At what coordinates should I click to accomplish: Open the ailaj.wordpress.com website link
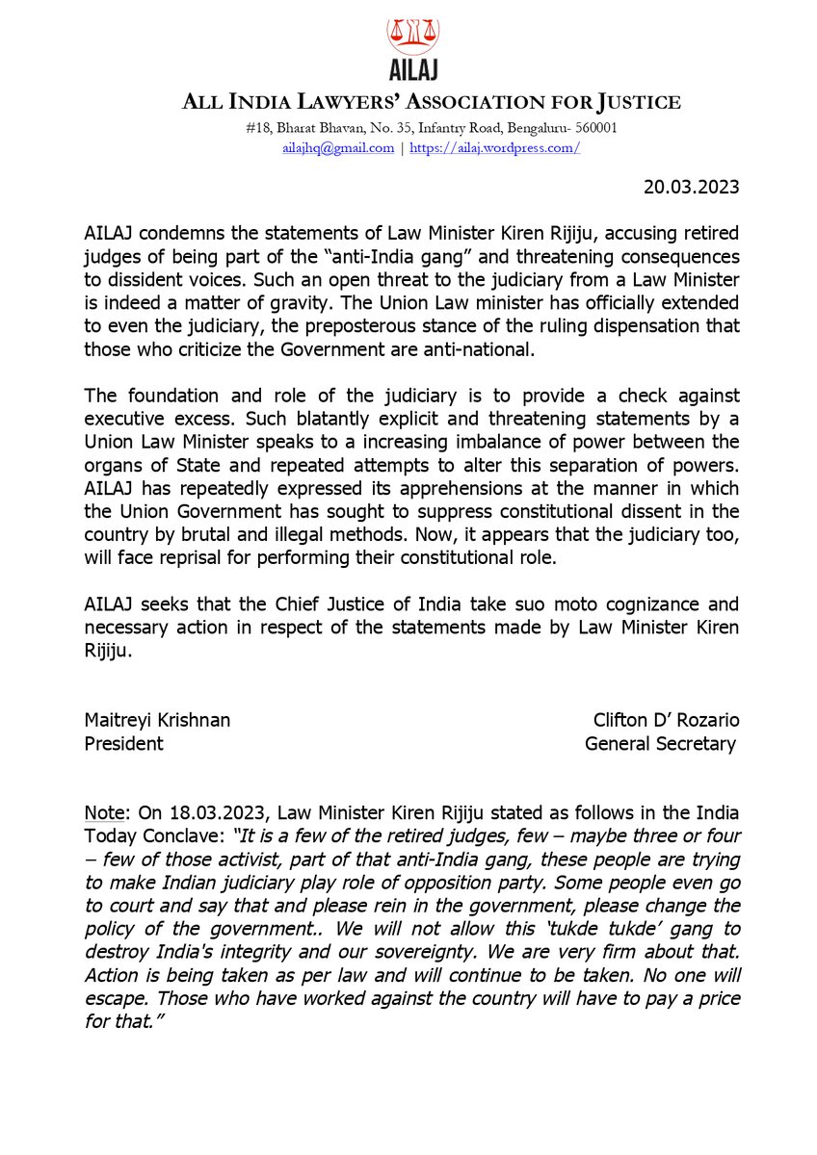coord(495,148)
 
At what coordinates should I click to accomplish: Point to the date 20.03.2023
coord(691,187)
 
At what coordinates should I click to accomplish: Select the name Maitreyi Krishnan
coord(157,720)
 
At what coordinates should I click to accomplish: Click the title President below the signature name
coord(123,743)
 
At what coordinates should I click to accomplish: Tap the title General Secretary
coord(660,743)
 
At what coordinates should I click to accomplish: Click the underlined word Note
coord(103,814)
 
